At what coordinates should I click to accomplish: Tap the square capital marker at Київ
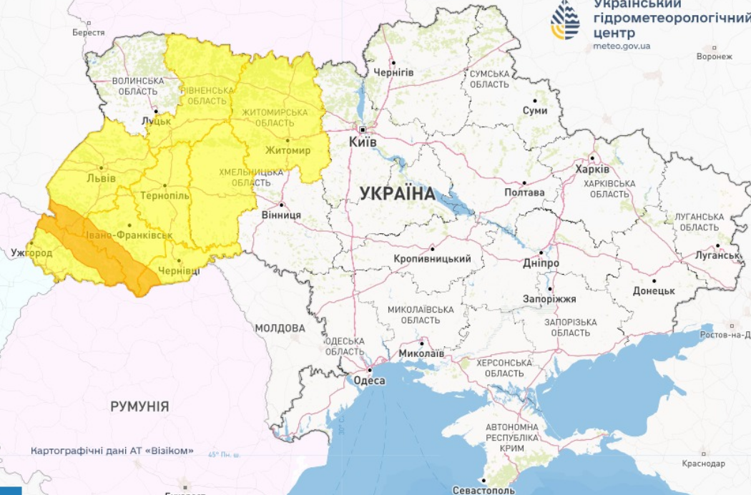[363, 129]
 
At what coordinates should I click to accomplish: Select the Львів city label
[100, 178]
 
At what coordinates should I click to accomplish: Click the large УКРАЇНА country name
[397, 193]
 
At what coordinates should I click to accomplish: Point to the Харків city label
[592, 170]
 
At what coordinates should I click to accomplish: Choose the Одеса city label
[369, 381]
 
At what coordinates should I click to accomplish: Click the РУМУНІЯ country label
[139, 406]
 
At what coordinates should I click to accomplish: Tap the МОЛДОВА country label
[280, 328]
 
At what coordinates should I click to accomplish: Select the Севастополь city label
[484, 491]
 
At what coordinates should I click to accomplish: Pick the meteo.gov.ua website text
[622, 46]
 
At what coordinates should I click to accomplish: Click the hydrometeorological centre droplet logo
[565, 20]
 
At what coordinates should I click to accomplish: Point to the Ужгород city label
[31, 253]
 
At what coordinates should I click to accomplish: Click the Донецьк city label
[654, 291]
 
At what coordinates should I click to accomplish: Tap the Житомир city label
[288, 150]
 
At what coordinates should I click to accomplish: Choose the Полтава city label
[524, 192]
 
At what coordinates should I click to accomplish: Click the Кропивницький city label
[432, 259]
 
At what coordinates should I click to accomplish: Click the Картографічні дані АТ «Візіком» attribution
[112, 451]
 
